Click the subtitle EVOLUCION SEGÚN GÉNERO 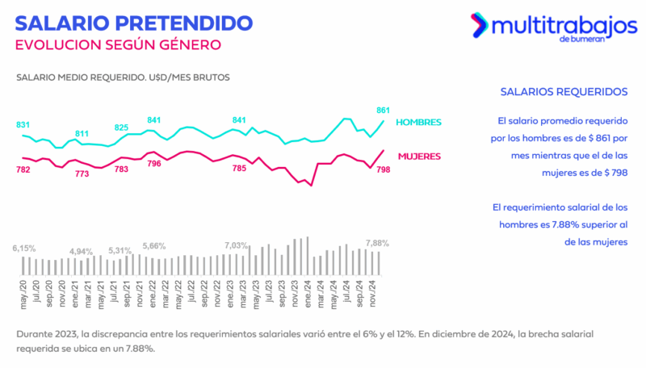(118, 44)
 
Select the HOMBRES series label (418, 123)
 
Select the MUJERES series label (418, 156)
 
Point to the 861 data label (384, 110)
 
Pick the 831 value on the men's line (23, 124)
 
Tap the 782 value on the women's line (23, 169)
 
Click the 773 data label (82, 174)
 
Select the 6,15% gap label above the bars (24, 249)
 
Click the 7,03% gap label (237, 245)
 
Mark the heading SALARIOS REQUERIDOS (552, 92)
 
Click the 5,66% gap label (153, 245)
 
